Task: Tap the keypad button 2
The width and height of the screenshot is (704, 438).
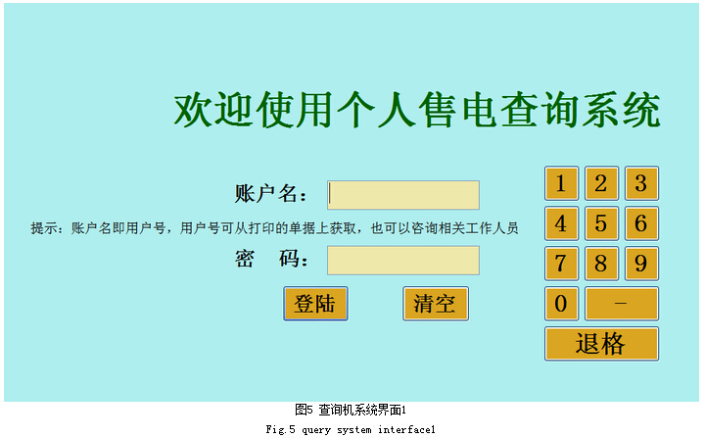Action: (601, 183)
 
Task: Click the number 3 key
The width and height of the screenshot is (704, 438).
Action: (641, 183)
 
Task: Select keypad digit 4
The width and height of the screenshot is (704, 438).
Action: (561, 223)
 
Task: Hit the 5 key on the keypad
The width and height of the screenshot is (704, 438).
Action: (601, 223)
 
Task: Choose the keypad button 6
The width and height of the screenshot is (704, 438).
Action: (641, 223)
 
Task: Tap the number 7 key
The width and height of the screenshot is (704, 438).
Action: (561, 264)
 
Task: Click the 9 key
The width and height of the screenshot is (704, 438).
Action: (641, 264)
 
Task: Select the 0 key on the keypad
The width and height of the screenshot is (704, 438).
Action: (561, 303)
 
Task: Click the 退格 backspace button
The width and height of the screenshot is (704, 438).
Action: (601, 344)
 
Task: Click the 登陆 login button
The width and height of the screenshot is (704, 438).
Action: (315, 304)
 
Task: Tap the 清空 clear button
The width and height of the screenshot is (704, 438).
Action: (436, 304)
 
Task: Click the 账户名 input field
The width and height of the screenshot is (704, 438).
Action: (403, 195)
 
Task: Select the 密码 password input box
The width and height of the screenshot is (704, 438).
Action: (403, 260)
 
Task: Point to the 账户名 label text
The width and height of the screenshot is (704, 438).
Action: (271, 194)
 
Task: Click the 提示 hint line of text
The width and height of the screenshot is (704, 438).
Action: (274, 228)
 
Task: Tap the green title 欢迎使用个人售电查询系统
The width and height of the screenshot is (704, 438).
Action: (417, 110)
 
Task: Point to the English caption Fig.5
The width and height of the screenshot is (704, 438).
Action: (281, 430)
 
